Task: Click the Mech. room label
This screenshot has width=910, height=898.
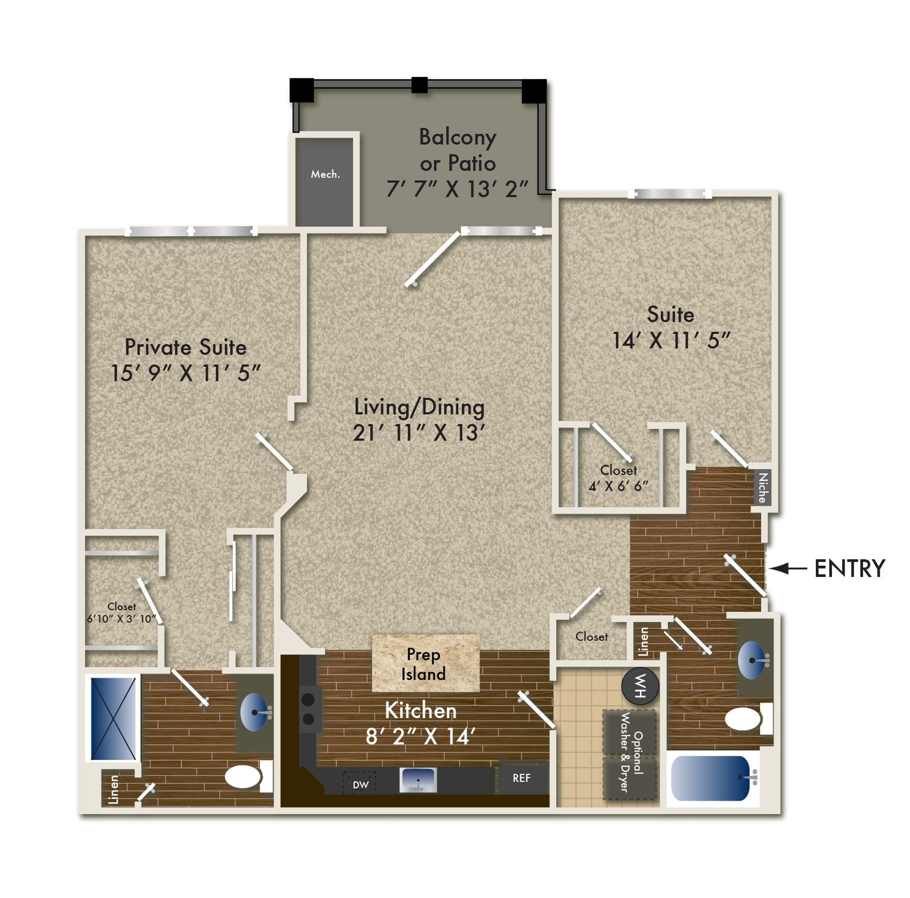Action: [325, 174]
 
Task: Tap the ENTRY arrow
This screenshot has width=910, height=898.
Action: [787, 569]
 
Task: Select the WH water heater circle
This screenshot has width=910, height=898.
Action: [640, 686]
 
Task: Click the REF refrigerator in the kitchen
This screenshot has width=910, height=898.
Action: [522, 778]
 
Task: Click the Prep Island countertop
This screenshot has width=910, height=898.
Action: [426, 663]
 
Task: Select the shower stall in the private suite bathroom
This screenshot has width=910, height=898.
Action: [113, 718]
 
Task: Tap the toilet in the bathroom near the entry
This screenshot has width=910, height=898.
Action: [748, 719]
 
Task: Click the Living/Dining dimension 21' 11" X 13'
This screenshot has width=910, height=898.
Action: [419, 433]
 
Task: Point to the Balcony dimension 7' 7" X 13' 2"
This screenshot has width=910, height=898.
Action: [457, 189]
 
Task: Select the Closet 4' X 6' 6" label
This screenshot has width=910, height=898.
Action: [619, 478]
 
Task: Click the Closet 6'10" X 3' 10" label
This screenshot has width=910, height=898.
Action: [121, 613]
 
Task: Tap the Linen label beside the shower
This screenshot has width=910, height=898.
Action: [113, 790]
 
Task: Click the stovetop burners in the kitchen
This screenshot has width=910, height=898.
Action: [308, 709]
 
